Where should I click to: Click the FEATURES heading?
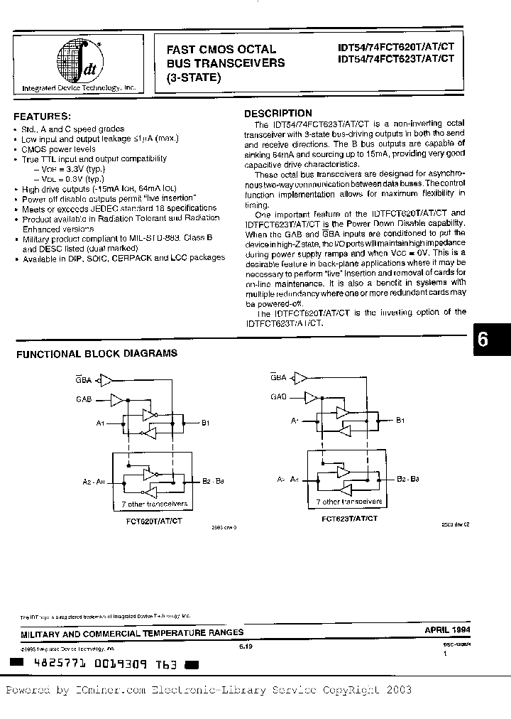pos(43,116)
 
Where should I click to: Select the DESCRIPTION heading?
pos(278,113)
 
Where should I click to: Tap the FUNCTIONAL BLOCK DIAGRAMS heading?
pos(97,353)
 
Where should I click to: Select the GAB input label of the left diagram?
pos(84,401)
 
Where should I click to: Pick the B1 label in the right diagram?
pos(401,421)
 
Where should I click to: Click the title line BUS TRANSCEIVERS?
pos(225,63)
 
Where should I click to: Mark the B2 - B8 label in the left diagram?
pos(213,481)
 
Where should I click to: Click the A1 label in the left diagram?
pos(101,423)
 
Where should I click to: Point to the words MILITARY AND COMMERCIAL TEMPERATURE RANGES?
pos(132,632)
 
